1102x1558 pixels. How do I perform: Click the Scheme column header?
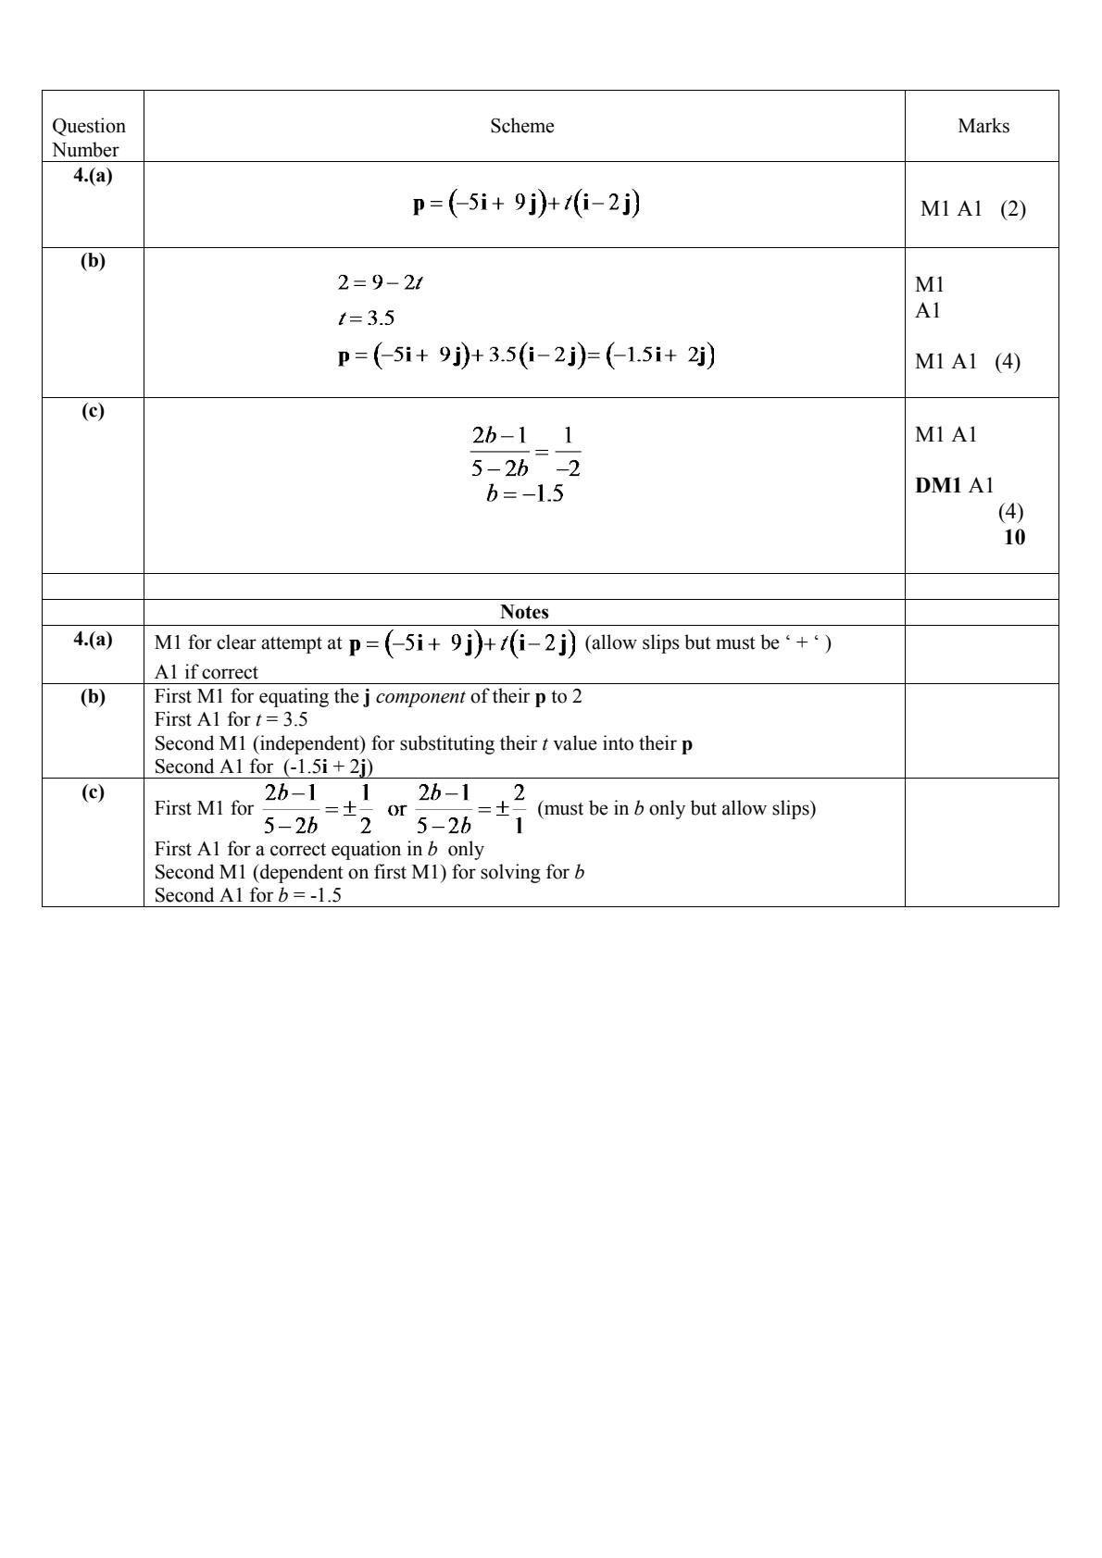pyautogui.click(x=522, y=126)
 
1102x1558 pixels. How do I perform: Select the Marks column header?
pyautogui.click(x=983, y=126)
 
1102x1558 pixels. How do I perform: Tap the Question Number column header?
pyautogui.click(x=89, y=137)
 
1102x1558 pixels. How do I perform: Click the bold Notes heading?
pyautogui.click(x=524, y=612)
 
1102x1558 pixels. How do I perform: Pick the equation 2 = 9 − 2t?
pyautogui.click(x=381, y=282)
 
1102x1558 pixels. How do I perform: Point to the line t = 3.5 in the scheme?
pyautogui.click(x=367, y=318)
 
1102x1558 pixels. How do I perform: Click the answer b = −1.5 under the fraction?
pyautogui.click(x=525, y=493)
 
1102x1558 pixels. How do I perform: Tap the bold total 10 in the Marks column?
pyautogui.click(x=1014, y=537)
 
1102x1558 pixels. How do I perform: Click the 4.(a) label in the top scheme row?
pyautogui.click(x=93, y=175)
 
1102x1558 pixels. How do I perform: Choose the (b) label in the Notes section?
pyautogui.click(x=93, y=696)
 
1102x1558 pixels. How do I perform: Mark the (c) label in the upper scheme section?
pyautogui.click(x=93, y=411)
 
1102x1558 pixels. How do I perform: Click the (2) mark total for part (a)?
pyautogui.click(x=1013, y=208)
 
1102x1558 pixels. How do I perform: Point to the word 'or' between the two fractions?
pyautogui.click(x=396, y=808)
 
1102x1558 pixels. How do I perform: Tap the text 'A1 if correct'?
pyautogui.click(x=207, y=672)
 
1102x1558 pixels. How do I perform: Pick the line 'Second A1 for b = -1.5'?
pyautogui.click(x=248, y=895)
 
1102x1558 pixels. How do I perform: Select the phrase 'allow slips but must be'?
pyautogui.click(x=685, y=642)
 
